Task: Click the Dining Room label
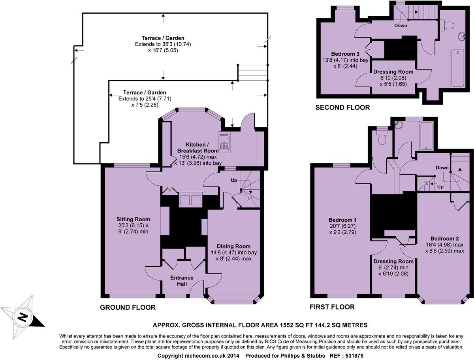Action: [233, 246]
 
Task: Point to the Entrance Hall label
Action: [182, 277]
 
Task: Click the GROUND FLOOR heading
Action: [128, 307]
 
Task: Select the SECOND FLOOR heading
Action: [342, 107]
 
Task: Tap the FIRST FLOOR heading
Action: [333, 307]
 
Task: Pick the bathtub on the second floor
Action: [458, 68]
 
